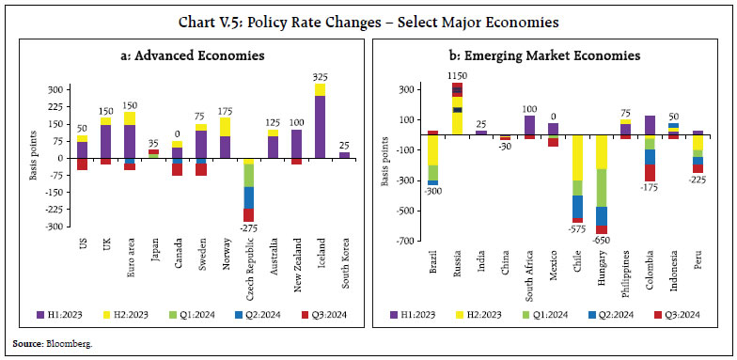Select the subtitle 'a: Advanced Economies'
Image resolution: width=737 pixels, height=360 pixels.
pyautogui.click(x=188, y=55)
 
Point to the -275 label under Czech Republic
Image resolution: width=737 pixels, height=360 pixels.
pyautogui.click(x=248, y=228)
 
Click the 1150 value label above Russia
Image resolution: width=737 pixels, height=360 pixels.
pyautogui.click(x=457, y=74)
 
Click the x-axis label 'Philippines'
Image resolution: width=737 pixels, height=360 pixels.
pyautogui.click(x=625, y=265)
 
